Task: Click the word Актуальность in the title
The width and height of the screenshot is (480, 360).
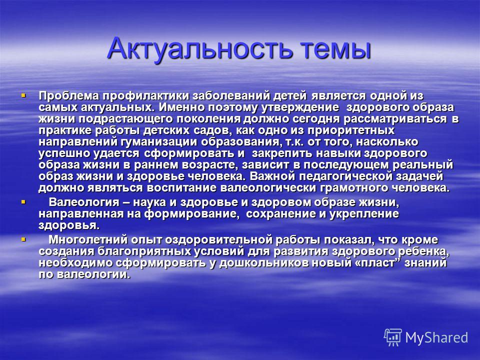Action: pyautogui.click(x=199, y=48)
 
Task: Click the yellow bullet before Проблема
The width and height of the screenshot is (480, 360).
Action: pyautogui.click(x=23, y=95)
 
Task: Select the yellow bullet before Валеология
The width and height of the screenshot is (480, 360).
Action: pyautogui.click(x=23, y=202)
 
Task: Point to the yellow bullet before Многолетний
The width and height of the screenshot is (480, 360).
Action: pyautogui.click(x=23, y=239)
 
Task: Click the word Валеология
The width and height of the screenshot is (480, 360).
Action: pyautogui.click(x=84, y=202)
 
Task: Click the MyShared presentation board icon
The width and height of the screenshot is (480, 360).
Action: pyautogui.click(x=393, y=337)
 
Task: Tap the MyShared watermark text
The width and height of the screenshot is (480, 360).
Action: pyautogui.click(x=436, y=338)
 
